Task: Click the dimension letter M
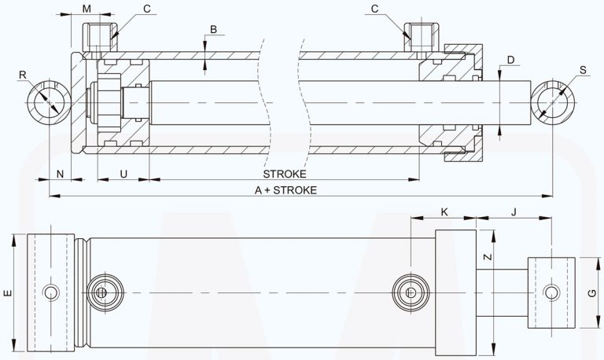(87, 9)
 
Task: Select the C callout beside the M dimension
(147, 9)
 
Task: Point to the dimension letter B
(212, 30)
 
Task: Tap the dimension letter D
(510, 60)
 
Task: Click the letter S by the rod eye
(583, 71)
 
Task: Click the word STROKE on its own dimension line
(284, 174)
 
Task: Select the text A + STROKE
(285, 190)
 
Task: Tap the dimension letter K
(444, 211)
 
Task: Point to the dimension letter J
(514, 211)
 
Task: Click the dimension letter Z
(488, 256)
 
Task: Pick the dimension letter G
(592, 292)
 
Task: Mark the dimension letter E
(7, 292)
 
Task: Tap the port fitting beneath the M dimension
(100, 36)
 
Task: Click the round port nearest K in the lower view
(411, 292)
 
